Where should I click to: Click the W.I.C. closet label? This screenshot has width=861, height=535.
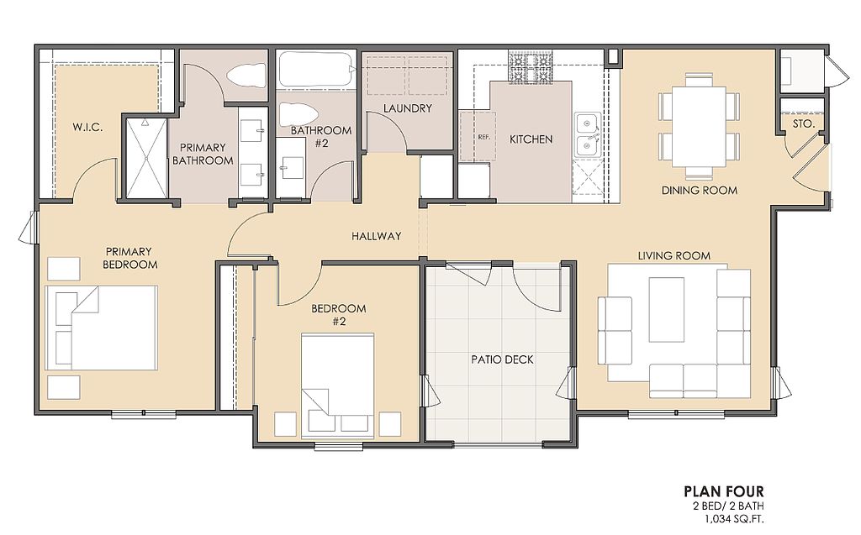coord(87,128)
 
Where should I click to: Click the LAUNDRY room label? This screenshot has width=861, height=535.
coord(408,108)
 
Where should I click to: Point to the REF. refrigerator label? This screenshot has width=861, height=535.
coord(483,137)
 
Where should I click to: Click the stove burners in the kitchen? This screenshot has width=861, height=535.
coord(530,68)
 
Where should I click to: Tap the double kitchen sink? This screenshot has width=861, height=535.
coord(587,134)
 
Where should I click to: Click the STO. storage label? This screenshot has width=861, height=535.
coord(804,124)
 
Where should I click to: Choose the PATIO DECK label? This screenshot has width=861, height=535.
coord(503,359)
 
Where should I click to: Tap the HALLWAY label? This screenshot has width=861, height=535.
coord(377,236)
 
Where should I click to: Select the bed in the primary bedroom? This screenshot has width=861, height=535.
coord(102,327)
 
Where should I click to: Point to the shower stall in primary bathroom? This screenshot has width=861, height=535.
coord(146,157)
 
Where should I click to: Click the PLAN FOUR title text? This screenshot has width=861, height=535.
coord(723,491)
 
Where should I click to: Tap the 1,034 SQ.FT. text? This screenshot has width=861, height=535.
coord(732,518)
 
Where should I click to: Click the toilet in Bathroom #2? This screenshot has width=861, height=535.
coord(298,114)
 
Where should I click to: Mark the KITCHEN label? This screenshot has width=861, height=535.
coord(531,139)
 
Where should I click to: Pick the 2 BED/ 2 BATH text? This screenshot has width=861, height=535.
coord(724,506)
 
